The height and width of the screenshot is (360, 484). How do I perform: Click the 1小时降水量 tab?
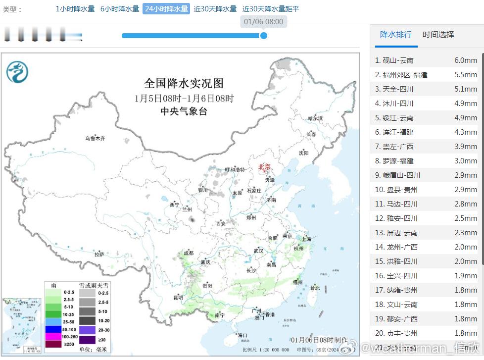(x=75, y=9)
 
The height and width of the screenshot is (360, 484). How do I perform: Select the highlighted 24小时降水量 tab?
(x=166, y=9)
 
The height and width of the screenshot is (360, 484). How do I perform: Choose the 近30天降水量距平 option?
(x=271, y=9)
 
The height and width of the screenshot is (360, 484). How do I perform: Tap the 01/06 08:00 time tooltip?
(x=263, y=22)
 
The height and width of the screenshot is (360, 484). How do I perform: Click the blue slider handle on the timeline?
(x=264, y=36)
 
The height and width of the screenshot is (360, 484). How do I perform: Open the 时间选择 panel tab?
(x=438, y=35)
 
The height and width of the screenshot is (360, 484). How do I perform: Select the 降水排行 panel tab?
(x=395, y=35)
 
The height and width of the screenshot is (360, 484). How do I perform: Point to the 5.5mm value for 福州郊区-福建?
(x=465, y=75)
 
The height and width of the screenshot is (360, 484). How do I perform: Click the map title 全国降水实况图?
(x=184, y=83)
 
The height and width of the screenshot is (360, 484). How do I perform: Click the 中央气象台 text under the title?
(x=184, y=111)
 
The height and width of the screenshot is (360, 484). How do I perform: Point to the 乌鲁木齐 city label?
(x=95, y=139)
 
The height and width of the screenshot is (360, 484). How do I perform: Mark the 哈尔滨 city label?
(x=315, y=118)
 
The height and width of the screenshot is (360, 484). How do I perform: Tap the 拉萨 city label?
(x=99, y=255)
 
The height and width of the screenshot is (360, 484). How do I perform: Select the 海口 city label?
(x=242, y=335)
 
